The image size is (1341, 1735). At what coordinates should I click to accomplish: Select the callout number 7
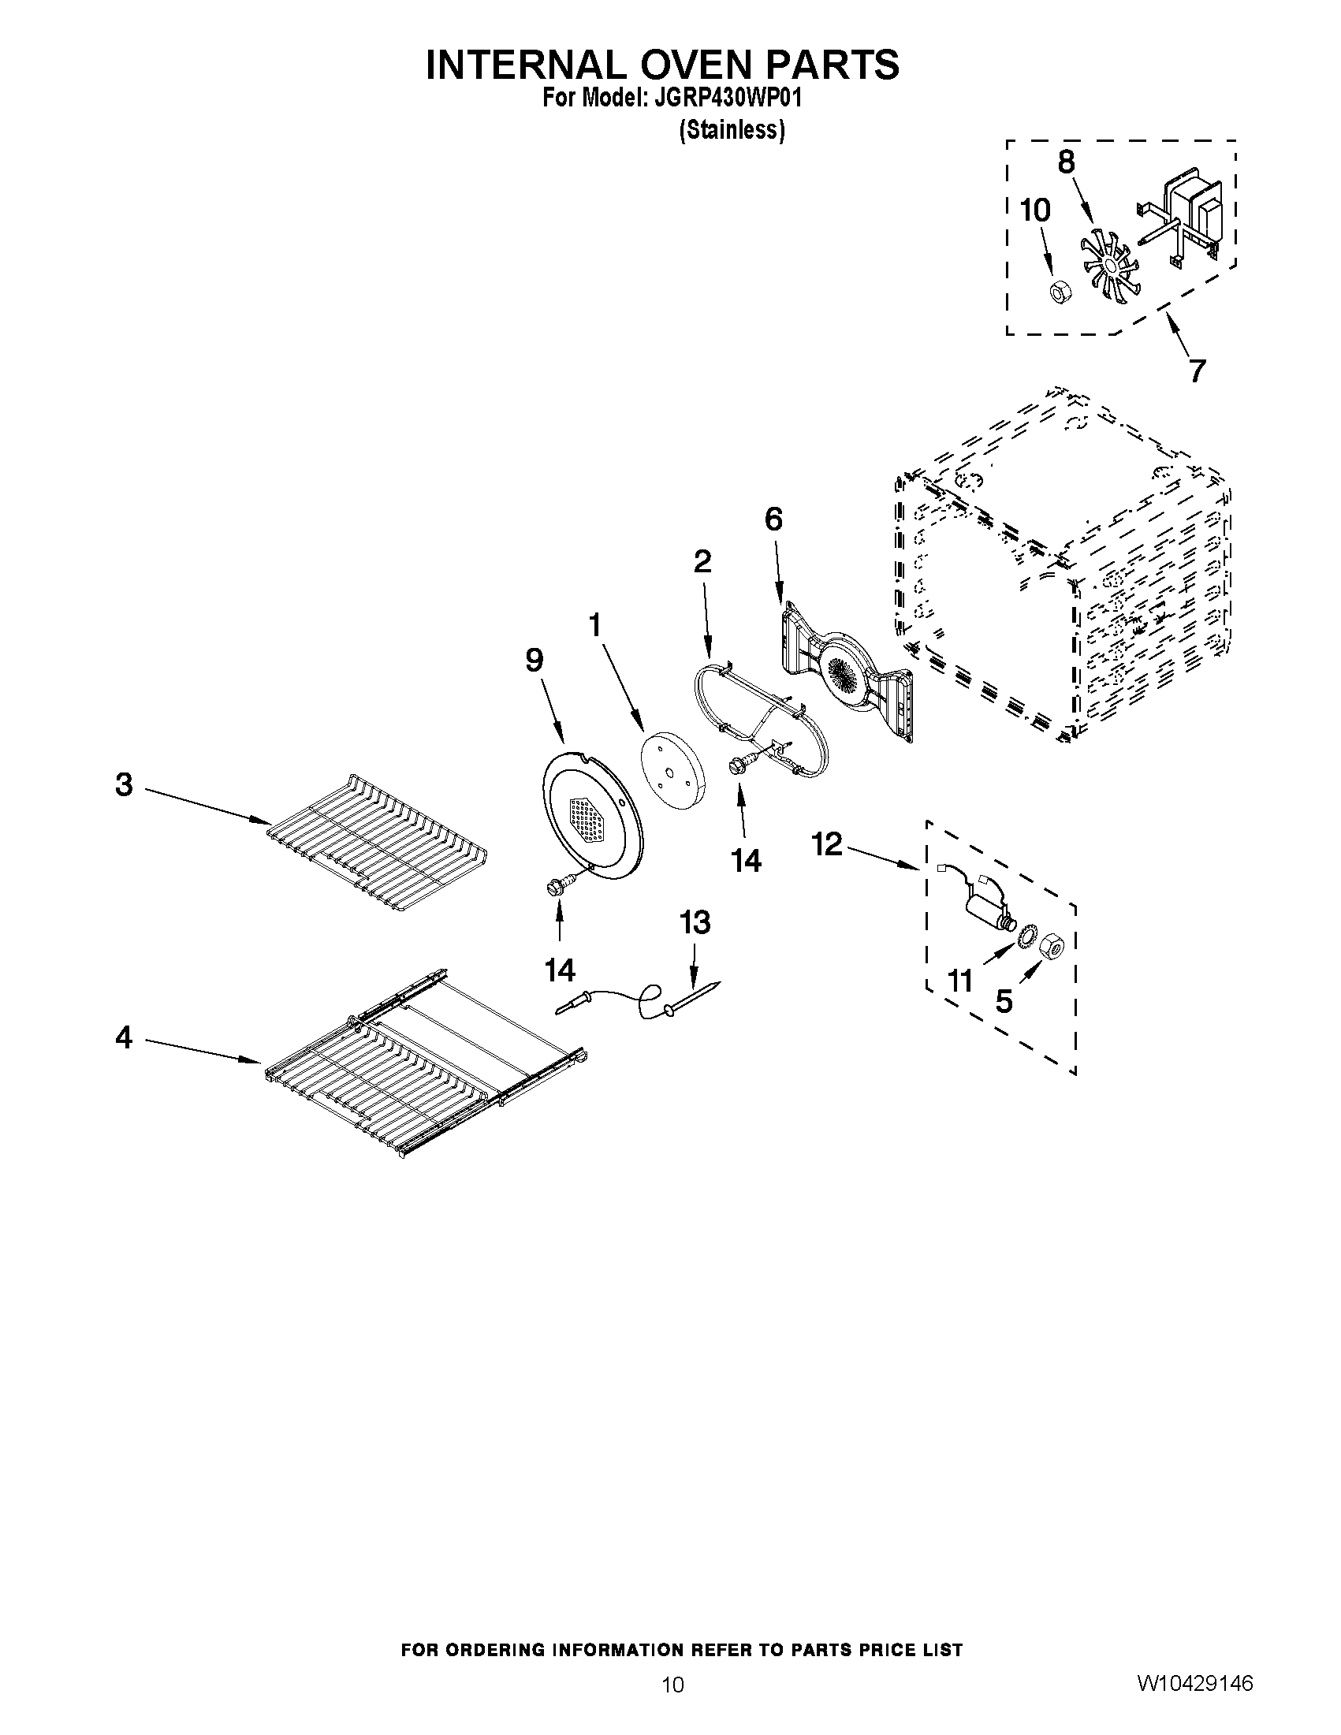point(1198,370)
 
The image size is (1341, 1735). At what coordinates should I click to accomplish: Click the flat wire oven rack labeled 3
point(378,843)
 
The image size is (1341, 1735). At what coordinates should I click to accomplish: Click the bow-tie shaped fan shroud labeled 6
point(845,672)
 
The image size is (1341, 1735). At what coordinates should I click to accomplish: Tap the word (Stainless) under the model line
point(732,129)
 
